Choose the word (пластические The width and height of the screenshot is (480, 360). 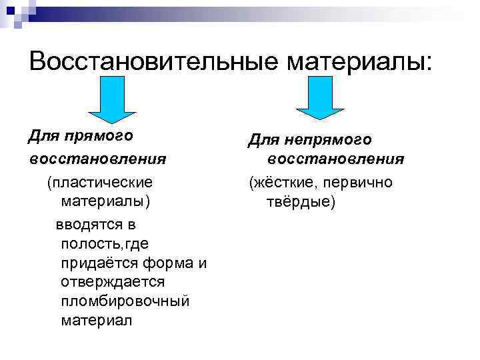pyautogui.click(x=99, y=181)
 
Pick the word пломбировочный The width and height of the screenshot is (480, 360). pyautogui.click(x=125, y=301)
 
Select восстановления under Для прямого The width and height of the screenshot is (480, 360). pyautogui.click(x=97, y=159)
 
